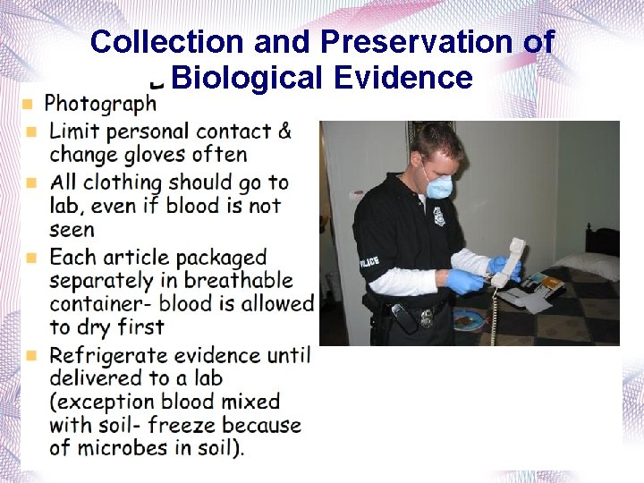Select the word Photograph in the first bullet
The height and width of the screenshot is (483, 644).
100,105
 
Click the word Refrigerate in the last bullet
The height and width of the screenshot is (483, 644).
115,355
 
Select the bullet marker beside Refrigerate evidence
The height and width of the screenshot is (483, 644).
32,355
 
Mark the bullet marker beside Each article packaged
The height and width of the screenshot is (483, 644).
32,258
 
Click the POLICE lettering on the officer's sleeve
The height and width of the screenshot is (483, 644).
369,261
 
